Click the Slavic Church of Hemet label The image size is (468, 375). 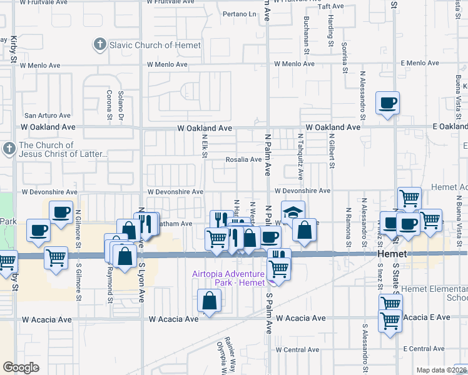click(x=155, y=45)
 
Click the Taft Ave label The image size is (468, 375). click(x=332, y=6)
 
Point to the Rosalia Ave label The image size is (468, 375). click(x=243, y=159)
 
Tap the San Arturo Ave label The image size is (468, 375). click(x=48, y=116)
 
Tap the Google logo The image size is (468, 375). click(x=21, y=367)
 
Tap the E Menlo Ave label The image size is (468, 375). click(x=422, y=64)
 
